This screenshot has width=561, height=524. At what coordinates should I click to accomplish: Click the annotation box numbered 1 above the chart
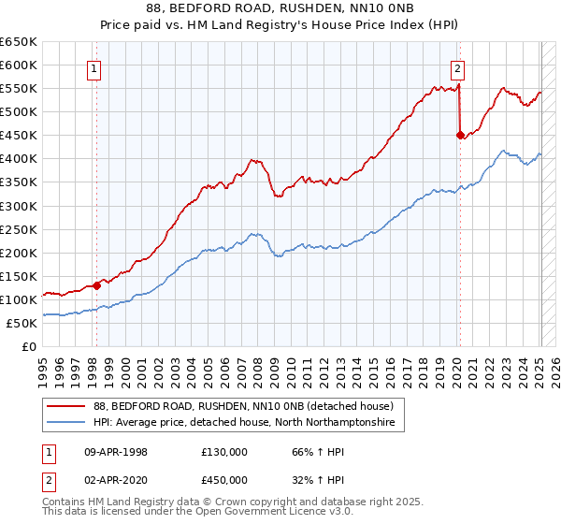(x=96, y=67)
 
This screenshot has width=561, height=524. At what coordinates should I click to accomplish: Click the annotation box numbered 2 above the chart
(x=458, y=67)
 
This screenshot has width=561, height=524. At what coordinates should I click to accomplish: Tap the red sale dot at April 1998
(x=97, y=285)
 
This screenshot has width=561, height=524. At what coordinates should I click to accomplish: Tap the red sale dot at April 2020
(x=460, y=135)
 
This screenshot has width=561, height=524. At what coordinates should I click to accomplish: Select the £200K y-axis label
(x=19, y=253)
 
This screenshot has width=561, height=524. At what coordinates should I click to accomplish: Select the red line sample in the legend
(x=65, y=406)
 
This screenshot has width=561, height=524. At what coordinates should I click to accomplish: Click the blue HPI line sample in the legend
(x=65, y=423)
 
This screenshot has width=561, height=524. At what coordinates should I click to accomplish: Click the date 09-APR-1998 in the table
(x=116, y=452)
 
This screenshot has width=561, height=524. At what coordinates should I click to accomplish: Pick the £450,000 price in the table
(x=224, y=480)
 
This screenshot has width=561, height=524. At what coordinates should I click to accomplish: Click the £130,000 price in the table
(x=224, y=452)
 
